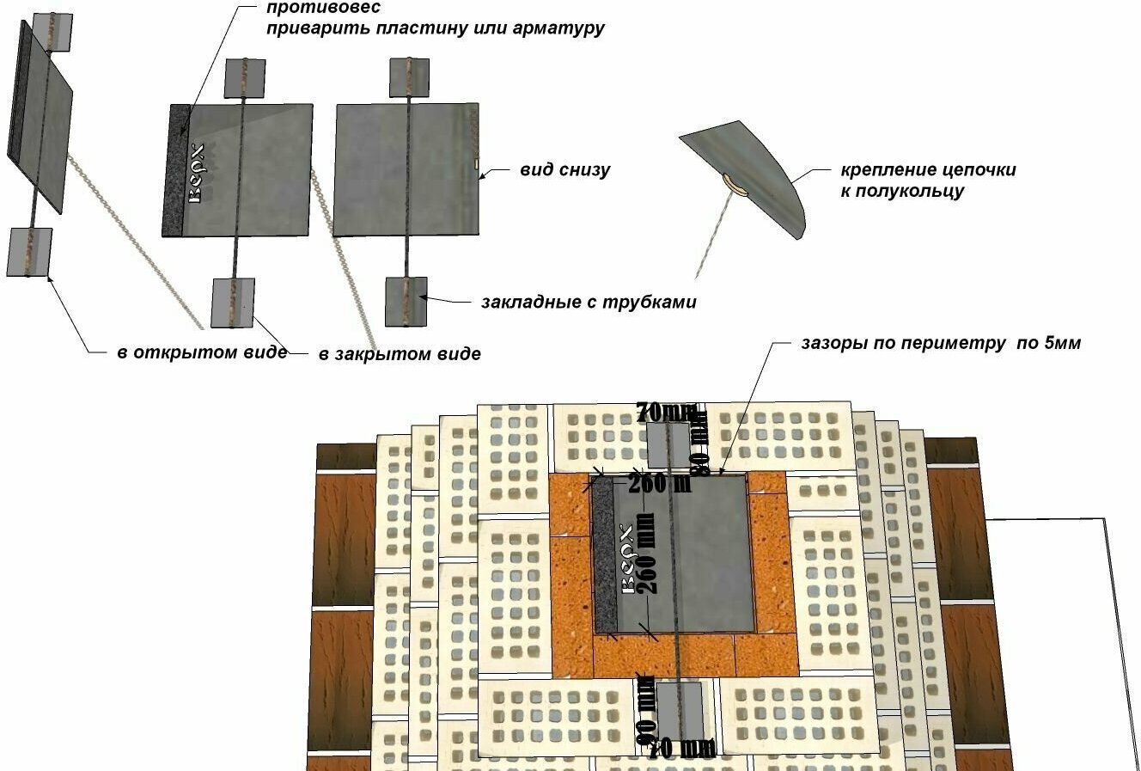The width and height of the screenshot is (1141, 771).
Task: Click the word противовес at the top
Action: (x=310, y=8)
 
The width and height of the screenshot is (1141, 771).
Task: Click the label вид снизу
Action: (x=564, y=169)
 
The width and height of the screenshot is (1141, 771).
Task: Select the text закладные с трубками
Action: (x=589, y=303)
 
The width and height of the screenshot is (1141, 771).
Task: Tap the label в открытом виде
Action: (x=202, y=352)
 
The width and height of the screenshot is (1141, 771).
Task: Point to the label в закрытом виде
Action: (x=400, y=353)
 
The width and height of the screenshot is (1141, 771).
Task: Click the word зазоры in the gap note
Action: (x=832, y=344)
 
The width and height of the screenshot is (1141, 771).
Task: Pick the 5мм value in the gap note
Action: (x=1062, y=343)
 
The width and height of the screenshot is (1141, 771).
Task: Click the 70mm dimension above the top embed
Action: (x=667, y=412)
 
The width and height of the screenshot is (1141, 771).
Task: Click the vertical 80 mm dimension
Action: (x=700, y=443)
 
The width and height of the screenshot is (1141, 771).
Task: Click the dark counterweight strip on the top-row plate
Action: (x=177, y=170)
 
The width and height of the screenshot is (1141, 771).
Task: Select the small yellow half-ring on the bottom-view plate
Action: (x=474, y=162)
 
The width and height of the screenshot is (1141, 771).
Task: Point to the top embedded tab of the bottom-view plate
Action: (x=410, y=77)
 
